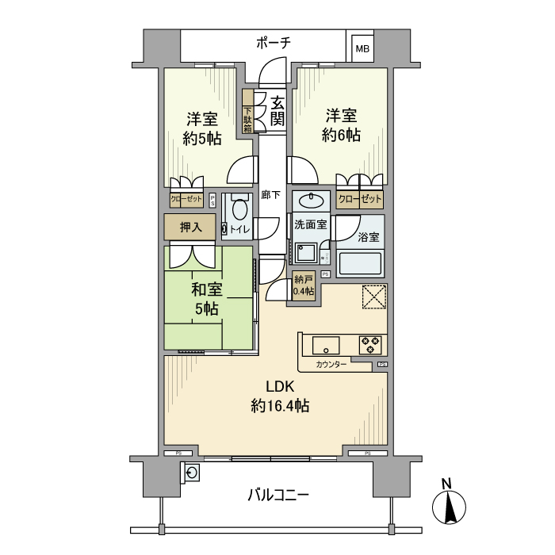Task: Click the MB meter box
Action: click(x=362, y=48)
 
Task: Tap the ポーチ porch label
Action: click(x=274, y=43)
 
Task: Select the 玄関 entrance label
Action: click(x=277, y=111)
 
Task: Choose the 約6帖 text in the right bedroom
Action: click(x=341, y=136)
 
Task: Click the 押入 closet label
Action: click(x=190, y=228)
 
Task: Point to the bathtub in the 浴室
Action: click(x=360, y=263)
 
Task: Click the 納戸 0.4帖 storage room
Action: click(x=304, y=285)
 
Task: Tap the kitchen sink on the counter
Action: click(x=325, y=346)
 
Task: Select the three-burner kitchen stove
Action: click(x=369, y=345)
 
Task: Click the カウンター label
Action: click(x=330, y=365)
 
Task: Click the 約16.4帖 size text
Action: click(x=280, y=406)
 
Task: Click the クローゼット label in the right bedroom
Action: click(x=360, y=199)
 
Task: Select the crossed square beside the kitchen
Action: click(x=373, y=296)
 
